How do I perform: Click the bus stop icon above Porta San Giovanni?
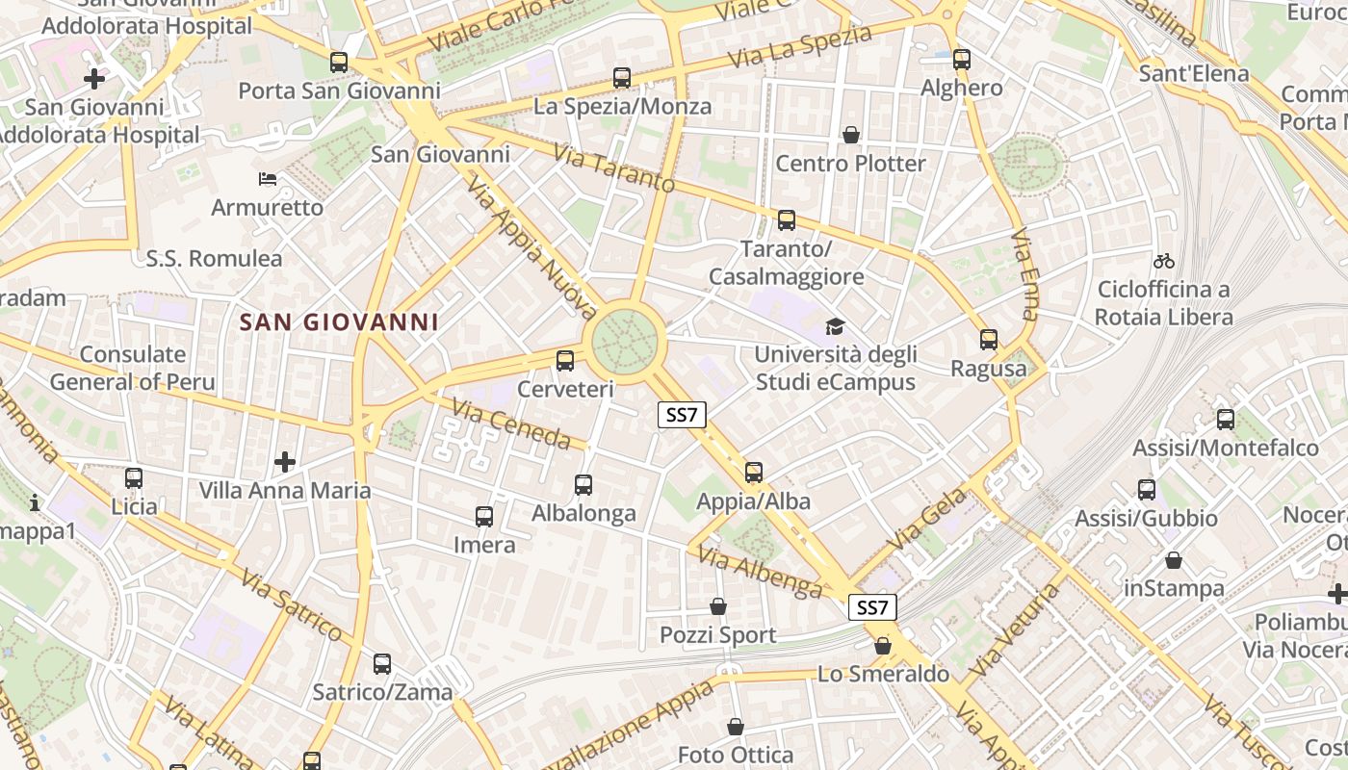tap(339, 63)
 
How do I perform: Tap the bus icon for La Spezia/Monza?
tap(622, 78)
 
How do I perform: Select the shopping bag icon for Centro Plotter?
tap(851, 135)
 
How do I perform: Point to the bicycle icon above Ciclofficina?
tap(1164, 261)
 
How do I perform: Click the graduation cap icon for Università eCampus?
tap(834, 327)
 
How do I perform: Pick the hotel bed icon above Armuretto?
tap(268, 179)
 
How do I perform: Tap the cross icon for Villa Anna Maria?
tap(285, 462)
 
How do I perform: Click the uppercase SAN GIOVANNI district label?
tap(338, 322)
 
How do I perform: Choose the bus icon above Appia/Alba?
tap(754, 473)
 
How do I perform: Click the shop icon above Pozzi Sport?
tap(718, 606)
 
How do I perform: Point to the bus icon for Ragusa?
tap(989, 340)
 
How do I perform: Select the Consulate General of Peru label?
tap(133, 368)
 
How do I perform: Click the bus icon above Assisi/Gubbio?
tap(1147, 490)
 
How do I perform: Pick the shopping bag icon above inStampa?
tap(1174, 560)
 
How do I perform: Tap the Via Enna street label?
tap(1026, 274)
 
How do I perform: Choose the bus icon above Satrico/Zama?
tap(382, 664)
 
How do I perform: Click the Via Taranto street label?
tap(613, 167)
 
